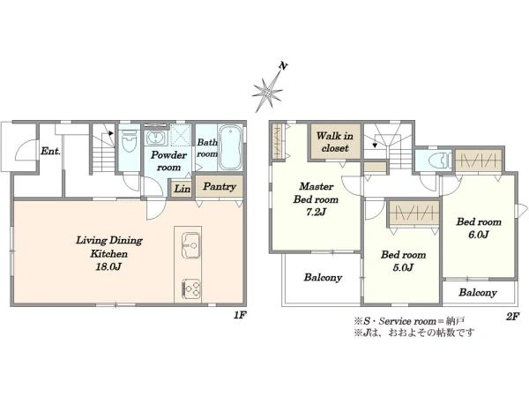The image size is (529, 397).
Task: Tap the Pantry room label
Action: [x=220, y=186]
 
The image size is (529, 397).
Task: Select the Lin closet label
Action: [x=183, y=189]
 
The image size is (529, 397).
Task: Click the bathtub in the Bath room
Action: [x=230, y=147]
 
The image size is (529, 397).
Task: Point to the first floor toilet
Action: [x=129, y=141]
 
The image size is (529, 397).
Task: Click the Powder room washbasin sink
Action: [x=155, y=139]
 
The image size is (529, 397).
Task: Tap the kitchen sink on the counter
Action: [x=190, y=244]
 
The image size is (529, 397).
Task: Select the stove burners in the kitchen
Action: [x=191, y=289]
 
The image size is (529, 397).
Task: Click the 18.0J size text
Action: [x=108, y=266]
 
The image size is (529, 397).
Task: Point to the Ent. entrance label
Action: [x=50, y=151]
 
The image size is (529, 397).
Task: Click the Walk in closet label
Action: [x=335, y=142]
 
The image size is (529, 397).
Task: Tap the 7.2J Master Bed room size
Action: [x=316, y=212]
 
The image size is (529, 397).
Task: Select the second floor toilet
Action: [x=439, y=161]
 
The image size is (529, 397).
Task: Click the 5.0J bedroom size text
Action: [x=403, y=267]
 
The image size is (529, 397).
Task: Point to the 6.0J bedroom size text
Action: [x=479, y=235]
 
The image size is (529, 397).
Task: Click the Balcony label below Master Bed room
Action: [x=323, y=278]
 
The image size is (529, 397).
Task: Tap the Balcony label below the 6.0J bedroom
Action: [x=478, y=292]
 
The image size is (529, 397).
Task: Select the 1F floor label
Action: [x=240, y=315]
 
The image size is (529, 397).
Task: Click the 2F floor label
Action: [x=512, y=317]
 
